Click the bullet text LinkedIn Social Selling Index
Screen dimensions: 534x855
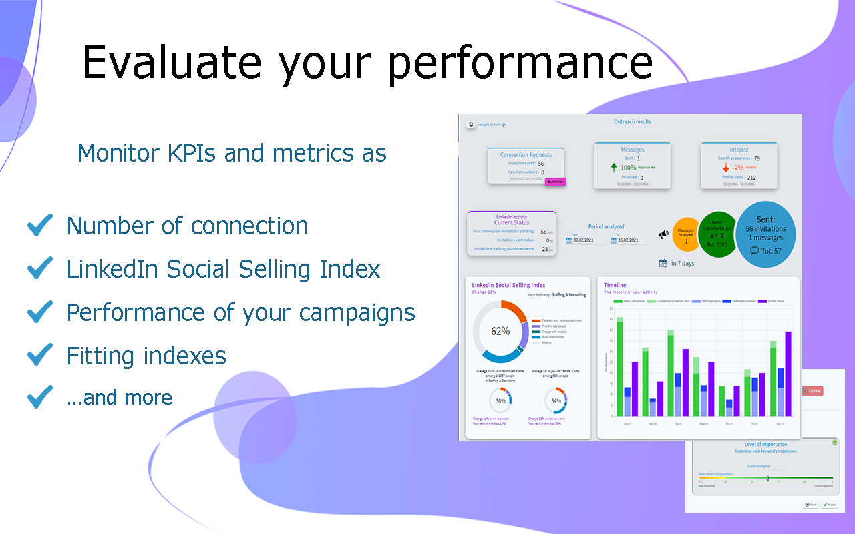point(223,269)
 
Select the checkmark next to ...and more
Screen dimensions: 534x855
point(40,398)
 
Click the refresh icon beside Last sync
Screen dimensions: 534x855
point(470,124)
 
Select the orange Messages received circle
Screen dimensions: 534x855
point(686,235)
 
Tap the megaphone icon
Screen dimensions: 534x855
point(663,234)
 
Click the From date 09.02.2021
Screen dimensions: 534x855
point(587,240)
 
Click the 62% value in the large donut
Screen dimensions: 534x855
point(500,331)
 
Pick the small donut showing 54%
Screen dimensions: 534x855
point(556,401)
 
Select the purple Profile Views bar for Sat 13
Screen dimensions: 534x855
point(788,374)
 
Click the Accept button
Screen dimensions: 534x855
point(829,505)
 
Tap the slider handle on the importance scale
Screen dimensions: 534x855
point(767,478)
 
